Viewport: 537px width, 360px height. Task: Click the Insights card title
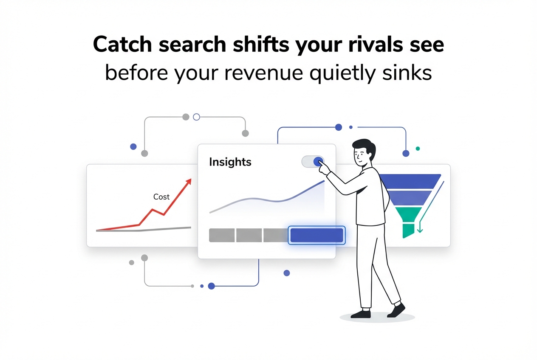(230, 162)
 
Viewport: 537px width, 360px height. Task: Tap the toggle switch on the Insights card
(313, 161)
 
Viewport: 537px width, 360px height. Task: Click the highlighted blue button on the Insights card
(317, 235)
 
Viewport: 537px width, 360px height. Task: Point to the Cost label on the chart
(161, 197)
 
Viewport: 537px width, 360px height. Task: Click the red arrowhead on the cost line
(187, 182)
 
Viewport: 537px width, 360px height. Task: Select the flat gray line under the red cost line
(166, 229)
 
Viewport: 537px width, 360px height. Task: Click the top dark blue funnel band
(410, 181)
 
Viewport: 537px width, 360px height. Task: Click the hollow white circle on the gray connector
(196, 117)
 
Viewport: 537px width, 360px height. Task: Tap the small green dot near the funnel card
(418, 149)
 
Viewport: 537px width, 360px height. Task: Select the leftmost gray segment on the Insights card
(222, 235)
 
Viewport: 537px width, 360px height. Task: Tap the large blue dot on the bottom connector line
(211, 286)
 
